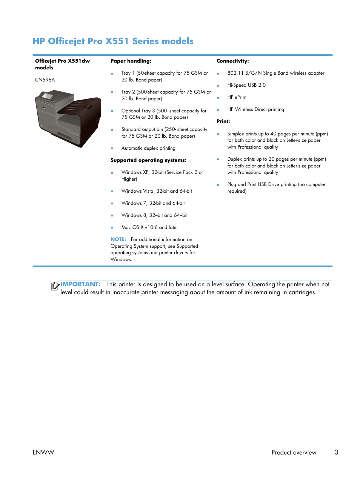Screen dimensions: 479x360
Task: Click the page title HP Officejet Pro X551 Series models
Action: pyautogui.click(x=113, y=41)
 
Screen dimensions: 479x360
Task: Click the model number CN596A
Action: pyautogui.click(x=45, y=80)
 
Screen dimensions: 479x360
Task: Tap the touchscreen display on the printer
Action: pyautogui.click(x=48, y=96)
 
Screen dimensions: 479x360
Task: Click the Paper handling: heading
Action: pyautogui.click(x=131, y=61)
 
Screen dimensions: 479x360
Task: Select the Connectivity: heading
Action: pyautogui.click(x=232, y=61)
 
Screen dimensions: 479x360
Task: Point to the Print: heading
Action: pyautogui.click(x=223, y=121)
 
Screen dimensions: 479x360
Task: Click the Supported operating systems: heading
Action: pyautogui.click(x=148, y=160)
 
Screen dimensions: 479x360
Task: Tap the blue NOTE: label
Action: pyautogui.click(x=118, y=239)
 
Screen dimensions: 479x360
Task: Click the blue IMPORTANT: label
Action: pyautogui.click(x=80, y=284)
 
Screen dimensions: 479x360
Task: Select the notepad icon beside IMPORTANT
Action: pyautogui.click(x=55, y=286)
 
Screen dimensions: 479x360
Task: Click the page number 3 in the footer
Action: pyautogui.click(x=336, y=452)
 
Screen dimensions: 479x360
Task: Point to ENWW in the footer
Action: pyautogui.click(x=43, y=452)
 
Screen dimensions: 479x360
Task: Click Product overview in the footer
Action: pyautogui.click(x=294, y=452)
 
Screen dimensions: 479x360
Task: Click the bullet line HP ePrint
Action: pyautogui.click(x=237, y=97)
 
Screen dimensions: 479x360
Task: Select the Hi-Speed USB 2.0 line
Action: pyautogui.click(x=246, y=85)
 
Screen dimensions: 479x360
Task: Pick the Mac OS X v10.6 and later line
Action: pyautogui.click(x=149, y=227)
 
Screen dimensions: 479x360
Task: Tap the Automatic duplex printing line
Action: pyautogui.click(x=148, y=148)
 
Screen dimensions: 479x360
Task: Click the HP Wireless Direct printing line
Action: pyautogui.click(x=255, y=109)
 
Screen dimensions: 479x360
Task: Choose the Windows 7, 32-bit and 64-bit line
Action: pyautogui.click(x=153, y=203)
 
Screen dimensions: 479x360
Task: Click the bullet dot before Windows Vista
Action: pyautogui.click(x=112, y=192)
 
